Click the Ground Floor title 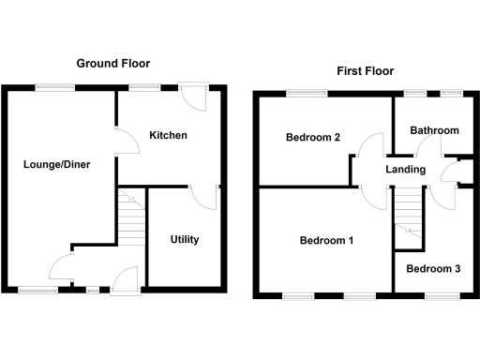[x=113, y=64]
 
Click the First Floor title [x=365, y=71]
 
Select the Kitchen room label [x=168, y=136]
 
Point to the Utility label [x=185, y=239]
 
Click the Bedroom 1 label [x=326, y=241]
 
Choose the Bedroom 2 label [x=312, y=139]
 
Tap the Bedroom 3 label [x=433, y=269]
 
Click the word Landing [x=406, y=170]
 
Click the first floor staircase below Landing [x=407, y=217]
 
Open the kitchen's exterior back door [x=195, y=96]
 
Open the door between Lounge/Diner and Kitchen [x=123, y=142]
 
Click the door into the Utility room [x=201, y=197]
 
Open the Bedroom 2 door [x=370, y=150]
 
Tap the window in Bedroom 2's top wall [x=307, y=93]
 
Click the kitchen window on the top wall [x=144, y=87]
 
